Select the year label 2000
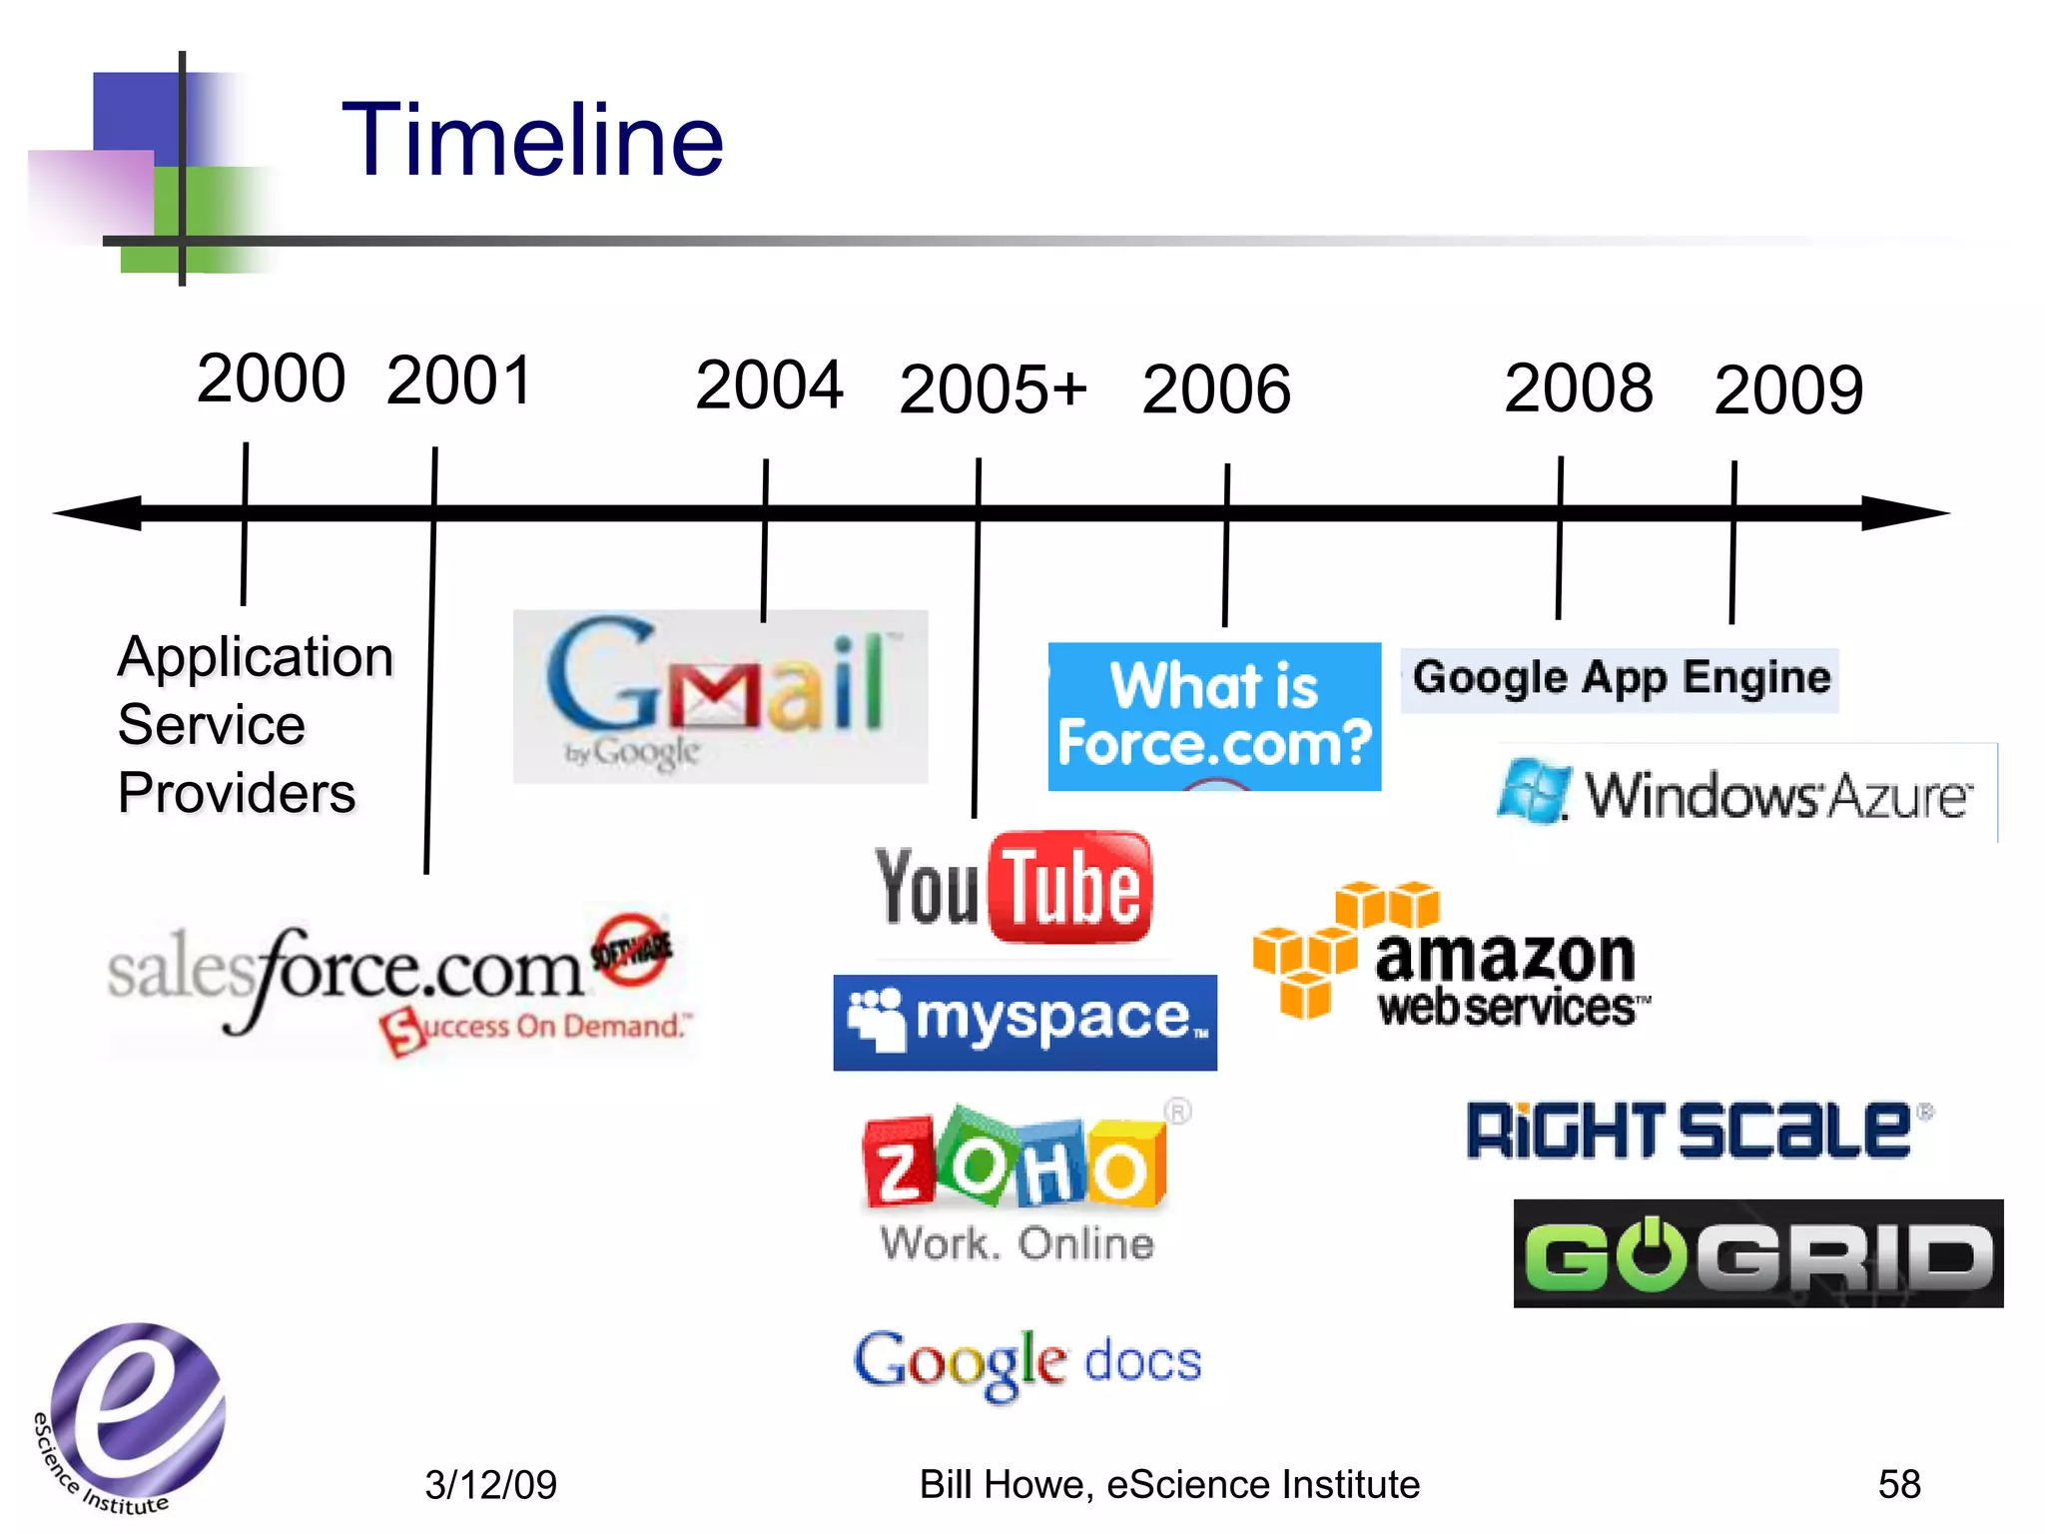click(271, 379)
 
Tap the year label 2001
click(459, 381)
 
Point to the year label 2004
click(769, 385)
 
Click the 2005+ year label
click(993, 388)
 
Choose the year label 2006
click(1216, 389)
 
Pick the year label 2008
click(1579, 387)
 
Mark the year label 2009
click(1788, 389)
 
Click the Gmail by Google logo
click(720, 696)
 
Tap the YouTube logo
click(1014, 888)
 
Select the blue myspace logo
click(1025, 1022)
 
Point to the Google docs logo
click(1027, 1363)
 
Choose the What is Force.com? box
click(1214, 716)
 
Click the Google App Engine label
click(1620, 679)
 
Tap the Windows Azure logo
click(1738, 794)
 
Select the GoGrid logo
click(1758, 1253)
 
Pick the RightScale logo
click(1699, 1131)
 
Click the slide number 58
click(1898, 1484)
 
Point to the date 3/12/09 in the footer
click(490, 1485)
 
